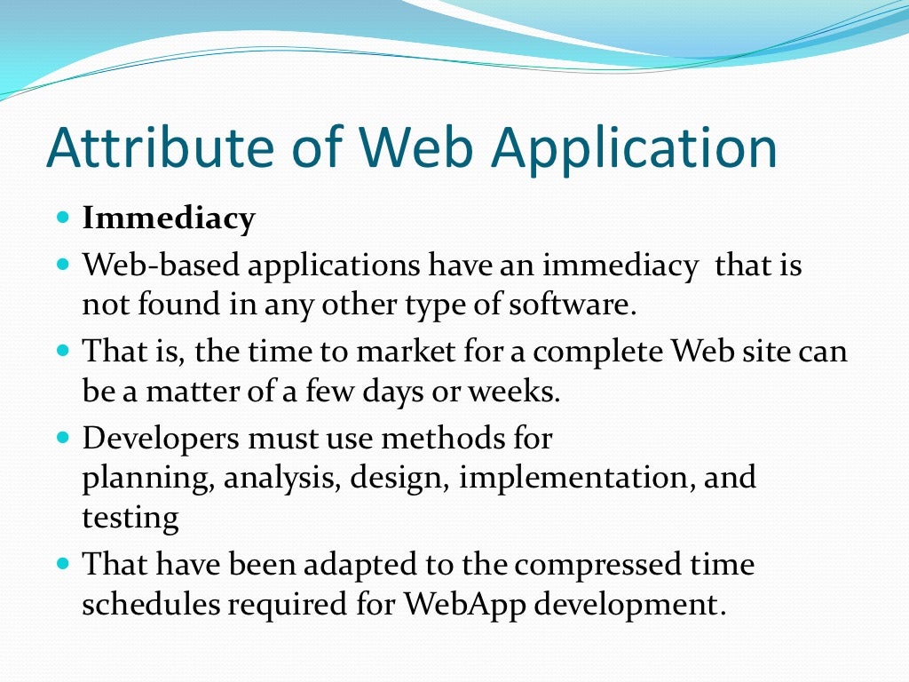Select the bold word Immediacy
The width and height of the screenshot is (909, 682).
(169, 218)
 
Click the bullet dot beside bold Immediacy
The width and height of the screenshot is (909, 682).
(61, 217)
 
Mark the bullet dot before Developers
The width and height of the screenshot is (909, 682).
(61, 437)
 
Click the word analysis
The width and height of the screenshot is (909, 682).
(282, 479)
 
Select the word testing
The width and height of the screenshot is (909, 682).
(130, 518)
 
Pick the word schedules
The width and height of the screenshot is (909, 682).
(149, 604)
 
